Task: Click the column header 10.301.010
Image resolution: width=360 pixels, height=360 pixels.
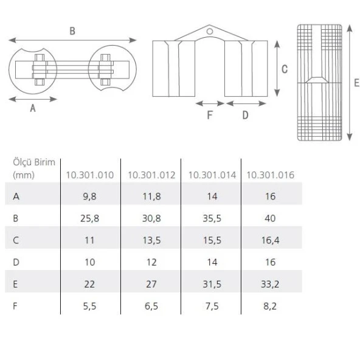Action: [x=89, y=175]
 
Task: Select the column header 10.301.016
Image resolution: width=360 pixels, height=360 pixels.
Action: [x=270, y=175]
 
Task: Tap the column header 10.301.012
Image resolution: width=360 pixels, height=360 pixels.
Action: [x=151, y=175]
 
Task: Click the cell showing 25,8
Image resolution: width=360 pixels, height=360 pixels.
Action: [x=89, y=218]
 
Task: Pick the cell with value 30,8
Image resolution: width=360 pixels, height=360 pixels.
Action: [x=151, y=218]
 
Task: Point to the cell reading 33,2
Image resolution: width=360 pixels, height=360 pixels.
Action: [x=271, y=284]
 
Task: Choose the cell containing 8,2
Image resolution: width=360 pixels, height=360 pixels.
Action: [x=271, y=306]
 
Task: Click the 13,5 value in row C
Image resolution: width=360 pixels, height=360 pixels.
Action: [x=151, y=240]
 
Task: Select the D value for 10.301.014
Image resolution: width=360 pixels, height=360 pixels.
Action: [x=211, y=262]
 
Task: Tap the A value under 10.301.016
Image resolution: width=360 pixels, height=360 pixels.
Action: [x=271, y=196]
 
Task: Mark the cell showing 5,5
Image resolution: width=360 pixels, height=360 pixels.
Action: [x=89, y=306]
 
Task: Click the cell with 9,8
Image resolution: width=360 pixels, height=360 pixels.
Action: [x=89, y=196]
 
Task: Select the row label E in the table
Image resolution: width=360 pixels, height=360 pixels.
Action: [x=16, y=284]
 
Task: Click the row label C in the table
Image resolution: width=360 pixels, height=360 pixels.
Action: [x=16, y=240]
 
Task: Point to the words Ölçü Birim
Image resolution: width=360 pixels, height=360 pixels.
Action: [x=34, y=162]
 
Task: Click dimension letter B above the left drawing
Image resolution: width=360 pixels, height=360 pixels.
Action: [x=72, y=31]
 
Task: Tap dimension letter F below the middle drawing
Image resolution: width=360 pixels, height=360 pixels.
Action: [x=210, y=115]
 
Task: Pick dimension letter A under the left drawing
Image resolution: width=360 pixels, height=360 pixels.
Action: [x=33, y=108]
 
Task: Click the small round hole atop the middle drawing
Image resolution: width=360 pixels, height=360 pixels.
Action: [x=210, y=30]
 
